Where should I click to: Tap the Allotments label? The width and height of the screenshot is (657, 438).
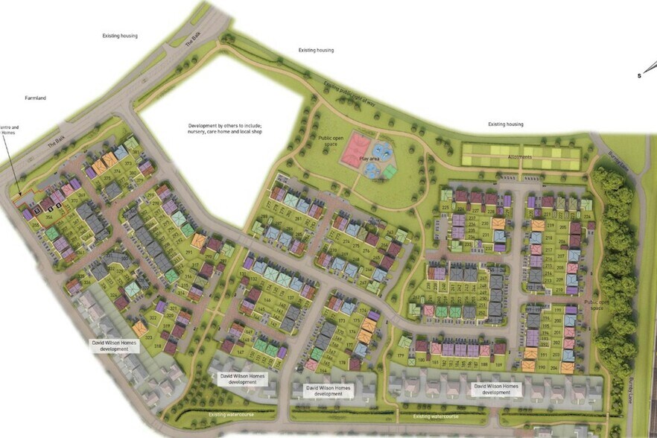pos(520,157)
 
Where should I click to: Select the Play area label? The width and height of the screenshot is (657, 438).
pos(370,159)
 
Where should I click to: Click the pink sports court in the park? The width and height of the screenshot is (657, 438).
pos(356,150)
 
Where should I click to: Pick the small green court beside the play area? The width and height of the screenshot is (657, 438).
pos(390,172)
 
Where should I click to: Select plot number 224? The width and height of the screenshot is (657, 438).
pos(587,217)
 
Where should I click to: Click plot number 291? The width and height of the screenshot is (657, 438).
pos(189,253)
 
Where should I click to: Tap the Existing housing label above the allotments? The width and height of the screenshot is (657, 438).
pos(505,124)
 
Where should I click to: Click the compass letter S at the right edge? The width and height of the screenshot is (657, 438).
pos(638,76)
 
